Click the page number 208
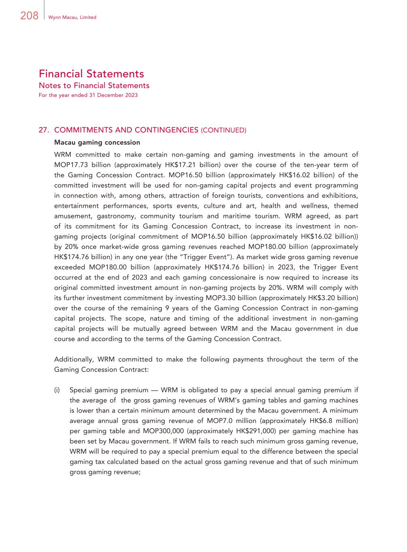(29, 16)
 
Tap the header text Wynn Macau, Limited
(72, 17)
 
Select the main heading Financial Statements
(91, 74)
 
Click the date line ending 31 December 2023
(88, 95)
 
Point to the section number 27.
(44, 130)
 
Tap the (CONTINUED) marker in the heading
(223, 130)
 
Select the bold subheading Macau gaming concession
(97, 142)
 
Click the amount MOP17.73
(70, 165)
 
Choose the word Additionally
(74, 360)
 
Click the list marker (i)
(57, 390)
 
